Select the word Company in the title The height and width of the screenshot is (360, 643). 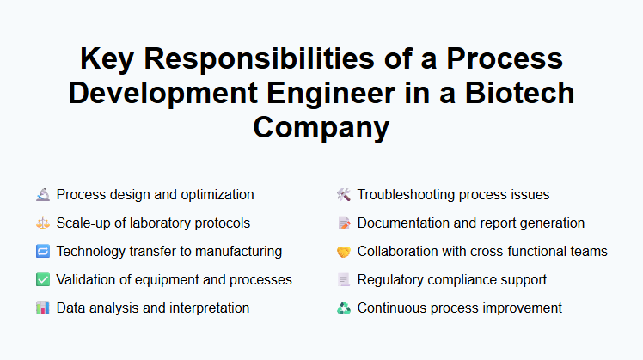point(321,126)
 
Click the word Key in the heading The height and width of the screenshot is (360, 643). point(109,59)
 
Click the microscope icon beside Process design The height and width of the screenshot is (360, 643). point(43,195)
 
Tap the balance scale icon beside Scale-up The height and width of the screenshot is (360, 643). point(43,223)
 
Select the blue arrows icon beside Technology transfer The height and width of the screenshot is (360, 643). point(43,252)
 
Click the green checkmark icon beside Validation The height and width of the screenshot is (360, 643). point(43,280)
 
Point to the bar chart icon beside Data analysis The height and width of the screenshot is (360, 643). point(43,308)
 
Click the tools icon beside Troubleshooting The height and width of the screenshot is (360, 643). point(344,195)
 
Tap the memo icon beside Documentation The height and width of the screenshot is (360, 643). point(344,223)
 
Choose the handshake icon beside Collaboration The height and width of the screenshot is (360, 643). point(344,252)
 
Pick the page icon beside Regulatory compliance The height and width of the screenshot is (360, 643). point(344,280)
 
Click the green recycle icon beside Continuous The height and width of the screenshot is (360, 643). point(344,308)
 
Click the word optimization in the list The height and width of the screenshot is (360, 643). point(216,195)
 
